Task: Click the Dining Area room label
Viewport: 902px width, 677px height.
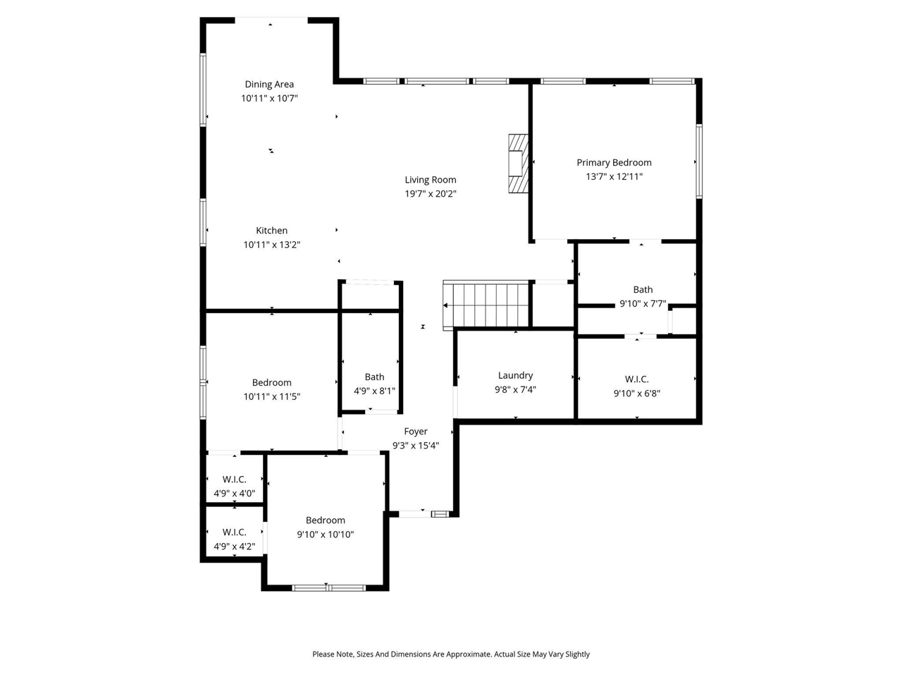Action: [269, 84]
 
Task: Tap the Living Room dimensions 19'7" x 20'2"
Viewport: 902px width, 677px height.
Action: [430, 193]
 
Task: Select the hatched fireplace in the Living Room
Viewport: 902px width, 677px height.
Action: [517, 163]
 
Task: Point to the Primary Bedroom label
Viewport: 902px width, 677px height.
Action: [614, 162]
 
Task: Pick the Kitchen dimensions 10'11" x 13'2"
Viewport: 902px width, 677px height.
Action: [272, 245]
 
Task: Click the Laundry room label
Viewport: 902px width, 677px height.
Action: [515, 375]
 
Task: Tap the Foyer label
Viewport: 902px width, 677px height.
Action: [416, 431]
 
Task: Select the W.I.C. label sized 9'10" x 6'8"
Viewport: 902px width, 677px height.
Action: [636, 379]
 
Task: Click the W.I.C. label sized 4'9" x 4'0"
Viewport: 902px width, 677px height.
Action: [234, 480]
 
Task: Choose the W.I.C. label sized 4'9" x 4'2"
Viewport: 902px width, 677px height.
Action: [234, 532]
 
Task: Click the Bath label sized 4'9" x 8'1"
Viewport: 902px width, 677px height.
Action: [374, 377]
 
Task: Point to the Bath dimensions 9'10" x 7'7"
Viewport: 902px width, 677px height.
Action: [643, 304]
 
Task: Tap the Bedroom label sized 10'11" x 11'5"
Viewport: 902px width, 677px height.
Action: [272, 382]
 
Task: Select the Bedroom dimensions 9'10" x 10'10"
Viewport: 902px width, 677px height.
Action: [326, 535]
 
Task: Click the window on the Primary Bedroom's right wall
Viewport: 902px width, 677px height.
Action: [699, 161]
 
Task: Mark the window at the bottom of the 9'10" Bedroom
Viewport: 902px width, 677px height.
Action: [328, 587]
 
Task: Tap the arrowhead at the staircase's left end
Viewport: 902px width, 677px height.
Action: [446, 305]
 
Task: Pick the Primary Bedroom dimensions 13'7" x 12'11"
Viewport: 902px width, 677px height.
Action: [614, 176]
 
